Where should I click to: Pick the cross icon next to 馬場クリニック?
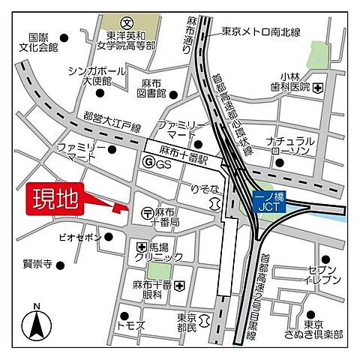coord(142,247)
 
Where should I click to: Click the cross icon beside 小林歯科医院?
coord(318,88)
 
